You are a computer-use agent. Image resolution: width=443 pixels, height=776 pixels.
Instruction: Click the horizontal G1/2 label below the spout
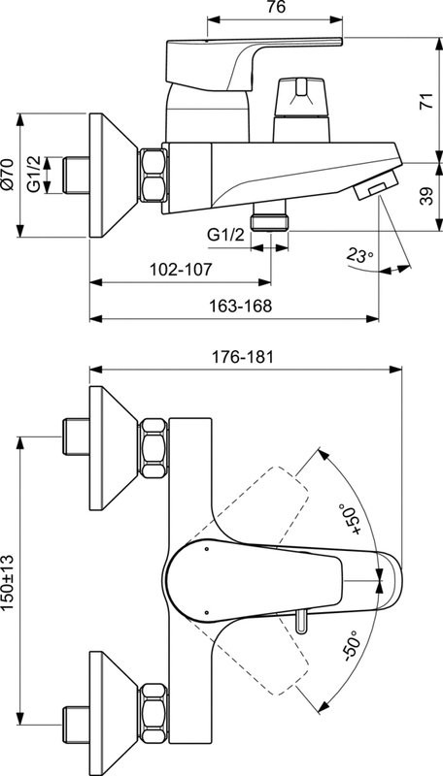point(225,234)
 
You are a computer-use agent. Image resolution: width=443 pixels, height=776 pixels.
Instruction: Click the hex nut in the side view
point(153,175)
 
